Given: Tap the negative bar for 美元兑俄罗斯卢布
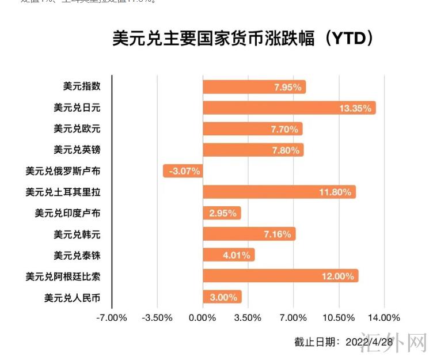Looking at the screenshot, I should [x=183, y=170].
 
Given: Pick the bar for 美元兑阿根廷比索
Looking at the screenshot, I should [x=280, y=276].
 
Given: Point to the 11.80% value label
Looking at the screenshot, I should [x=335, y=192].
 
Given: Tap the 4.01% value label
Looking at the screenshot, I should [x=236, y=255].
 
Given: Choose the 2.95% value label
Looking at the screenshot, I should [x=223, y=213].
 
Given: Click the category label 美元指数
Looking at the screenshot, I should [x=82, y=86].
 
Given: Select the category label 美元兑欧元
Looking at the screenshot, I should [x=77, y=128].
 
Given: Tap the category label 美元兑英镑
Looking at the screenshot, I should [x=77, y=150].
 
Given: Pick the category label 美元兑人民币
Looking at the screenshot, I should [x=72, y=298].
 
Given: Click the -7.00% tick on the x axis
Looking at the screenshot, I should [x=112, y=318].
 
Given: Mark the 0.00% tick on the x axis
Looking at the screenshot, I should [x=202, y=318].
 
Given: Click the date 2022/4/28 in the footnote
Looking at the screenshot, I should [x=369, y=342].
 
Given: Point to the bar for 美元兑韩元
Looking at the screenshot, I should [x=249, y=234].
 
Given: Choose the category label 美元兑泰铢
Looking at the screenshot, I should [x=77, y=255].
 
